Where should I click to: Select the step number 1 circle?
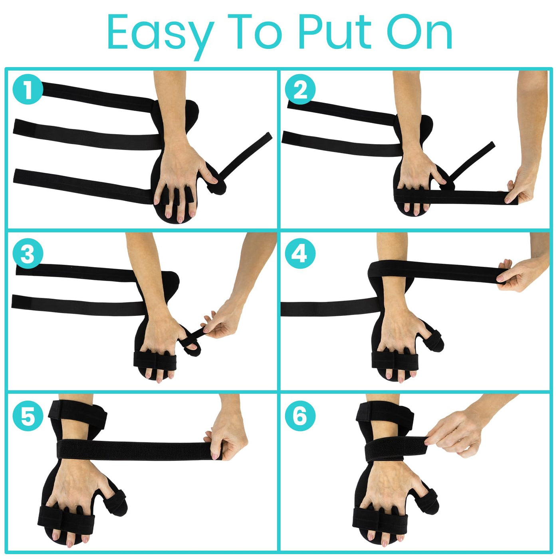coord(28,90)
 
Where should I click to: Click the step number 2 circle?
coord(300,90)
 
